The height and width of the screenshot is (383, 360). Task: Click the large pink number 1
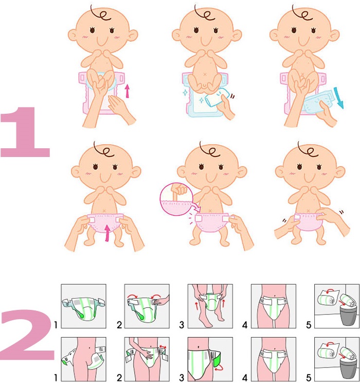tap(26, 132)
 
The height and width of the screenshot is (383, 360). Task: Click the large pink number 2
tap(27, 335)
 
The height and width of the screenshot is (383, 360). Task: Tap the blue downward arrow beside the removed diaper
tap(339, 98)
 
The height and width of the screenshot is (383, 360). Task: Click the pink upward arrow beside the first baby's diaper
tap(127, 91)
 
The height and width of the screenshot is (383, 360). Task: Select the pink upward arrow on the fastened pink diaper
tap(107, 233)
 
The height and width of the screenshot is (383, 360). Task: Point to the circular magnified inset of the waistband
tap(176, 199)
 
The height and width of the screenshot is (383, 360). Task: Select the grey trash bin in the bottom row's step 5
tap(348, 369)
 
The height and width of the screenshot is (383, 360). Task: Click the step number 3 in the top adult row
tap(182, 325)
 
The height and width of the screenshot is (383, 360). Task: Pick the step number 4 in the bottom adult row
tap(245, 378)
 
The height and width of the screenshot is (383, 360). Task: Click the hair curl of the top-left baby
tap(100, 14)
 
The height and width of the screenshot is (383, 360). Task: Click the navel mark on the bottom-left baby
tap(104, 211)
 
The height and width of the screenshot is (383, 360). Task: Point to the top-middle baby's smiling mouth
tap(205, 40)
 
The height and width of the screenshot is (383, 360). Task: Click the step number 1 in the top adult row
tap(56, 325)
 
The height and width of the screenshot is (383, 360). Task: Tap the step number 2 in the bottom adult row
tap(119, 378)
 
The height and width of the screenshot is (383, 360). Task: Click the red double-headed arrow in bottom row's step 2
tap(163, 347)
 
